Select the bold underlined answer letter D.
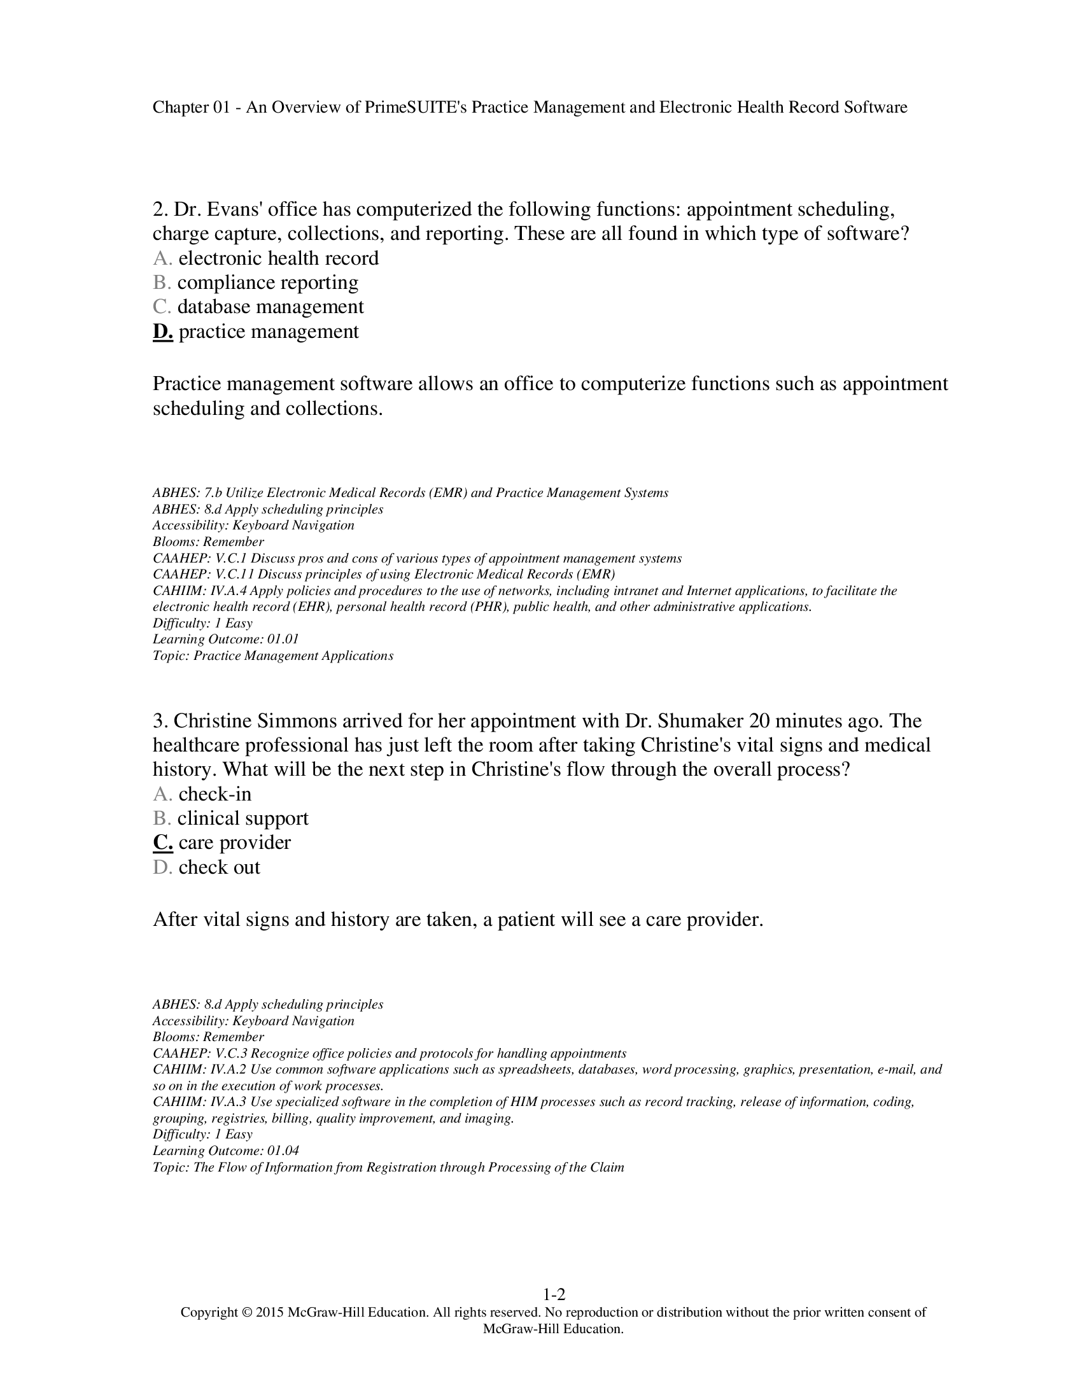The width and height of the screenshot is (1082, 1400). point(163,332)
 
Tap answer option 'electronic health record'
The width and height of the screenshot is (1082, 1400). point(278,258)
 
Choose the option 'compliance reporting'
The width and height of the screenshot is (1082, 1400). point(267,283)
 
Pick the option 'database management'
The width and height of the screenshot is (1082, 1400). point(270,307)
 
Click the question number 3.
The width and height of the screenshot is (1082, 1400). point(160,721)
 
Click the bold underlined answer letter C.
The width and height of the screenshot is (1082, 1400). point(163,843)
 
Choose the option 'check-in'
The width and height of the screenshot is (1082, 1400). point(214,794)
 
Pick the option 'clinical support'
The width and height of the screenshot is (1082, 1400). point(242,818)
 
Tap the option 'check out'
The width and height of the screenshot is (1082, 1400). point(219,867)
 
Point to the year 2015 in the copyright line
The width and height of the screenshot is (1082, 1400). point(270,1312)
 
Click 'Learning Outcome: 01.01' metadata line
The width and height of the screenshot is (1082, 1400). point(226,639)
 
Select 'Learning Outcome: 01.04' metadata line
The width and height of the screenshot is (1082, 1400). point(226,1151)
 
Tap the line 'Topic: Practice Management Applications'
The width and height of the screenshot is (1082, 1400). point(272,655)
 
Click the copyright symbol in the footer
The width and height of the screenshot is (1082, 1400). point(248,1312)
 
